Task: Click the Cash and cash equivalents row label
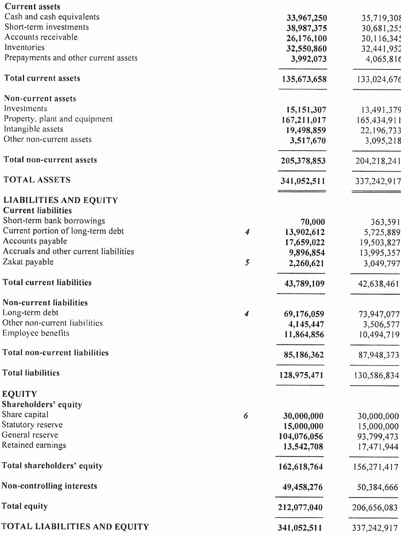coord(52,17)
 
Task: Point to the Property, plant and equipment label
coord(58,119)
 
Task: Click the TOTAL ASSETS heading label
coord(37,180)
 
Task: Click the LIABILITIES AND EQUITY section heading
coord(60,201)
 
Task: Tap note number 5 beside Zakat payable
coord(246,263)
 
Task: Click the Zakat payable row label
coord(28,262)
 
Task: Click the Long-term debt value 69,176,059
coord(304,314)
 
